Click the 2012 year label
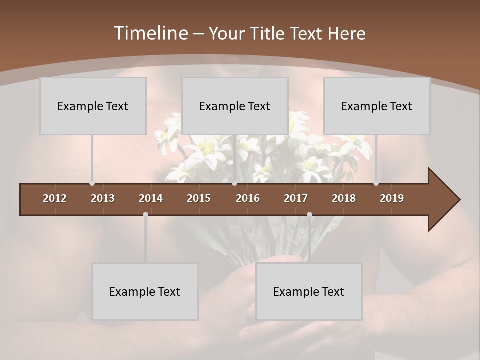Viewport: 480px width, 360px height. tap(55, 198)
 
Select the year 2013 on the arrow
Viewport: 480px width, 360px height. tap(103, 198)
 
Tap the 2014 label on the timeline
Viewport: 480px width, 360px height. tap(151, 198)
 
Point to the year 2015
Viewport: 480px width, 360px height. tap(199, 198)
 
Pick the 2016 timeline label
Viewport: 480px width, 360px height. tap(248, 198)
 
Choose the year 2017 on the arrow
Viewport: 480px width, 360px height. tap(296, 198)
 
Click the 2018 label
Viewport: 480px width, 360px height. tap(344, 198)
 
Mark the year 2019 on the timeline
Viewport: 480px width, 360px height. tap(392, 198)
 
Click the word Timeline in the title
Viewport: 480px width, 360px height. tap(151, 33)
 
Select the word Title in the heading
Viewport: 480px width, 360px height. tap(269, 33)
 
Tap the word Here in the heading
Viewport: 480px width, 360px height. tap(346, 33)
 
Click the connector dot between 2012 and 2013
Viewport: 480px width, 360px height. tap(92, 183)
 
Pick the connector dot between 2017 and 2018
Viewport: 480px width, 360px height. tap(309, 215)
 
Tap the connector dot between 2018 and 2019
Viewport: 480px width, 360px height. tap(376, 183)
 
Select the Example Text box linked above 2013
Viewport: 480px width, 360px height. tap(93, 106)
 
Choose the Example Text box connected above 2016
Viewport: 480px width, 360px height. tap(235, 106)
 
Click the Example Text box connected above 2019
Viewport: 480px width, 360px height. tap(377, 106)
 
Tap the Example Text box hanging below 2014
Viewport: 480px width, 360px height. tap(145, 291)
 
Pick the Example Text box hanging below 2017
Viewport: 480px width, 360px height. tap(309, 291)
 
